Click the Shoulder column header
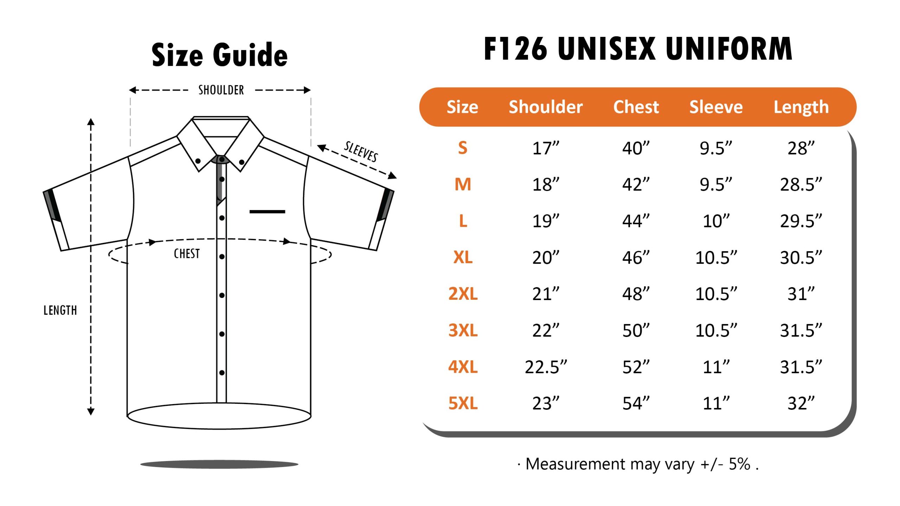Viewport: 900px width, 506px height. [x=546, y=107]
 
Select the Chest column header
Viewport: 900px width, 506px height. [x=636, y=107]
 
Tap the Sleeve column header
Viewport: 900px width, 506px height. [x=716, y=107]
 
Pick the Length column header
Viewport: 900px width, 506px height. [x=801, y=108]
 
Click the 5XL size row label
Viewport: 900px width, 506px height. [x=463, y=403]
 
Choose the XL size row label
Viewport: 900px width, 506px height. [x=463, y=257]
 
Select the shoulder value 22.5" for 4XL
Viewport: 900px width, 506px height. [x=546, y=367]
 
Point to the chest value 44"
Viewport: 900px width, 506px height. [x=636, y=221]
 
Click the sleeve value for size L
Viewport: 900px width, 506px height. [x=716, y=221]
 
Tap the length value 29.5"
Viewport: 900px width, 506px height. [x=801, y=221]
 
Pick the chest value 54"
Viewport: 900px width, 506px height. [x=636, y=403]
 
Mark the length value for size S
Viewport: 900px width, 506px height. [x=801, y=148]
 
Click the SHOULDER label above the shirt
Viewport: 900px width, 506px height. [x=221, y=90]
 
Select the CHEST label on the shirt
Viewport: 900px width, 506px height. [x=187, y=253]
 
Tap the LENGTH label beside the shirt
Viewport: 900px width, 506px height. [x=60, y=310]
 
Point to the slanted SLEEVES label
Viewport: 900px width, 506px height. [x=361, y=151]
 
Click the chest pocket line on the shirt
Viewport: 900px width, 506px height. [x=267, y=212]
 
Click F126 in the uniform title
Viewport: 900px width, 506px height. [x=516, y=48]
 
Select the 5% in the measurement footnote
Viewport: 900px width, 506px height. [x=740, y=464]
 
